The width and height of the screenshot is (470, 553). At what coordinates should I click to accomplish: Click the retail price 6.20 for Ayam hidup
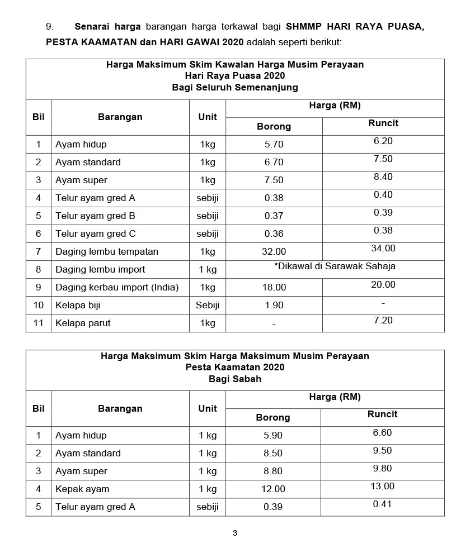click(x=383, y=141)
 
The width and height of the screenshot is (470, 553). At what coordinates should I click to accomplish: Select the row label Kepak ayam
click(x=82, y=489)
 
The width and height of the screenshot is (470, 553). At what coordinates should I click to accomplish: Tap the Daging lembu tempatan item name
click(x=106, y=251)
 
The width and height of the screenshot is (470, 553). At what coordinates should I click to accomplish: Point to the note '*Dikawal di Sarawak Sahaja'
click(x=335, y=266)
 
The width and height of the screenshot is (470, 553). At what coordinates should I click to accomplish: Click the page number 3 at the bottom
click(x=235, y=533)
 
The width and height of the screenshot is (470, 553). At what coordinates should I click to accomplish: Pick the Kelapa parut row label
click(x=83, y=323)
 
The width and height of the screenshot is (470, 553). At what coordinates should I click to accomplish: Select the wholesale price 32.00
click(x=274, y=251)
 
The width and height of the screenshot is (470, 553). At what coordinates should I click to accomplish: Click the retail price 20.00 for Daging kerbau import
click(x=383, y=284)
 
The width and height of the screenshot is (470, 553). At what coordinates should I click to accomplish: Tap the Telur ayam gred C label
click(x=95, y=233)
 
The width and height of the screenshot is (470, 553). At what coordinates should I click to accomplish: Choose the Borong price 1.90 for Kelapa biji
click(x=274, y=305)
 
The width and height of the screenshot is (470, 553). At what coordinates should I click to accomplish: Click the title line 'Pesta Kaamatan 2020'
click(x=235, y=367)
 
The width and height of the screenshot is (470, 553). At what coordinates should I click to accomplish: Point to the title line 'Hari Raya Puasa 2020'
click(x=235, y=76)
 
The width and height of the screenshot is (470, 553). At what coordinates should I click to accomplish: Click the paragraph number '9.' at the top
click(x=50, y=26)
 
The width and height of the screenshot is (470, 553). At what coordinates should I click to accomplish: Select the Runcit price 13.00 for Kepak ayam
click(x=382, y=486)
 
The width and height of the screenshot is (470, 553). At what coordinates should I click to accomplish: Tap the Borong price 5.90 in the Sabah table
click(x=273, y=435)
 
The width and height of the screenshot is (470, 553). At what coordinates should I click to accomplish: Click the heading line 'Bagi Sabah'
click(x=235, y=379)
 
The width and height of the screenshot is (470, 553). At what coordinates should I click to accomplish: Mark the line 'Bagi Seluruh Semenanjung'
click(x=235, y=87)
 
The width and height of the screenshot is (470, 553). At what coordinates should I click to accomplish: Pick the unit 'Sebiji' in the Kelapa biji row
click(x=208, y=305)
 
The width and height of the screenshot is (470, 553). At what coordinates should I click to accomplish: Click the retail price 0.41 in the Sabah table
click(x=382, y=504)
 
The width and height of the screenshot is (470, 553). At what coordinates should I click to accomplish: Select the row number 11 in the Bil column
click(x=39, y=323)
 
